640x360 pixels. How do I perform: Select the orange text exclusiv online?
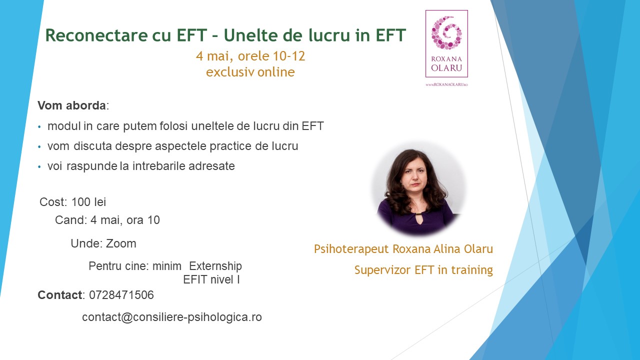pos(250,72)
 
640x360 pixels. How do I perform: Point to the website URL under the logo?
pos(446,85)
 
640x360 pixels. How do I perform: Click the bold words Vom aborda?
pos(71,106)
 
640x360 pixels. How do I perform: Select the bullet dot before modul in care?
pos(40,127)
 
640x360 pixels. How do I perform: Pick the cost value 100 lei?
pos(88,202)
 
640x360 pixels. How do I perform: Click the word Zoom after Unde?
pos(121,243)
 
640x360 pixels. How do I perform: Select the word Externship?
pos(215,266)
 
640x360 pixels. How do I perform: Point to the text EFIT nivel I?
pos(211,280)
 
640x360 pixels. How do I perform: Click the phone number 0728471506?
pos(121,295)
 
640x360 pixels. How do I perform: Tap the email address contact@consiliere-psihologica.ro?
pos(172,317)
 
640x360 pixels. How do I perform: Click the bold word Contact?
pos(59,295)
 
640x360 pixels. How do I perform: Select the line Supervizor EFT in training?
pos(423,270)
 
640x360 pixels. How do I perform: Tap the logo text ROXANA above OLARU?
pos(446,58)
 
